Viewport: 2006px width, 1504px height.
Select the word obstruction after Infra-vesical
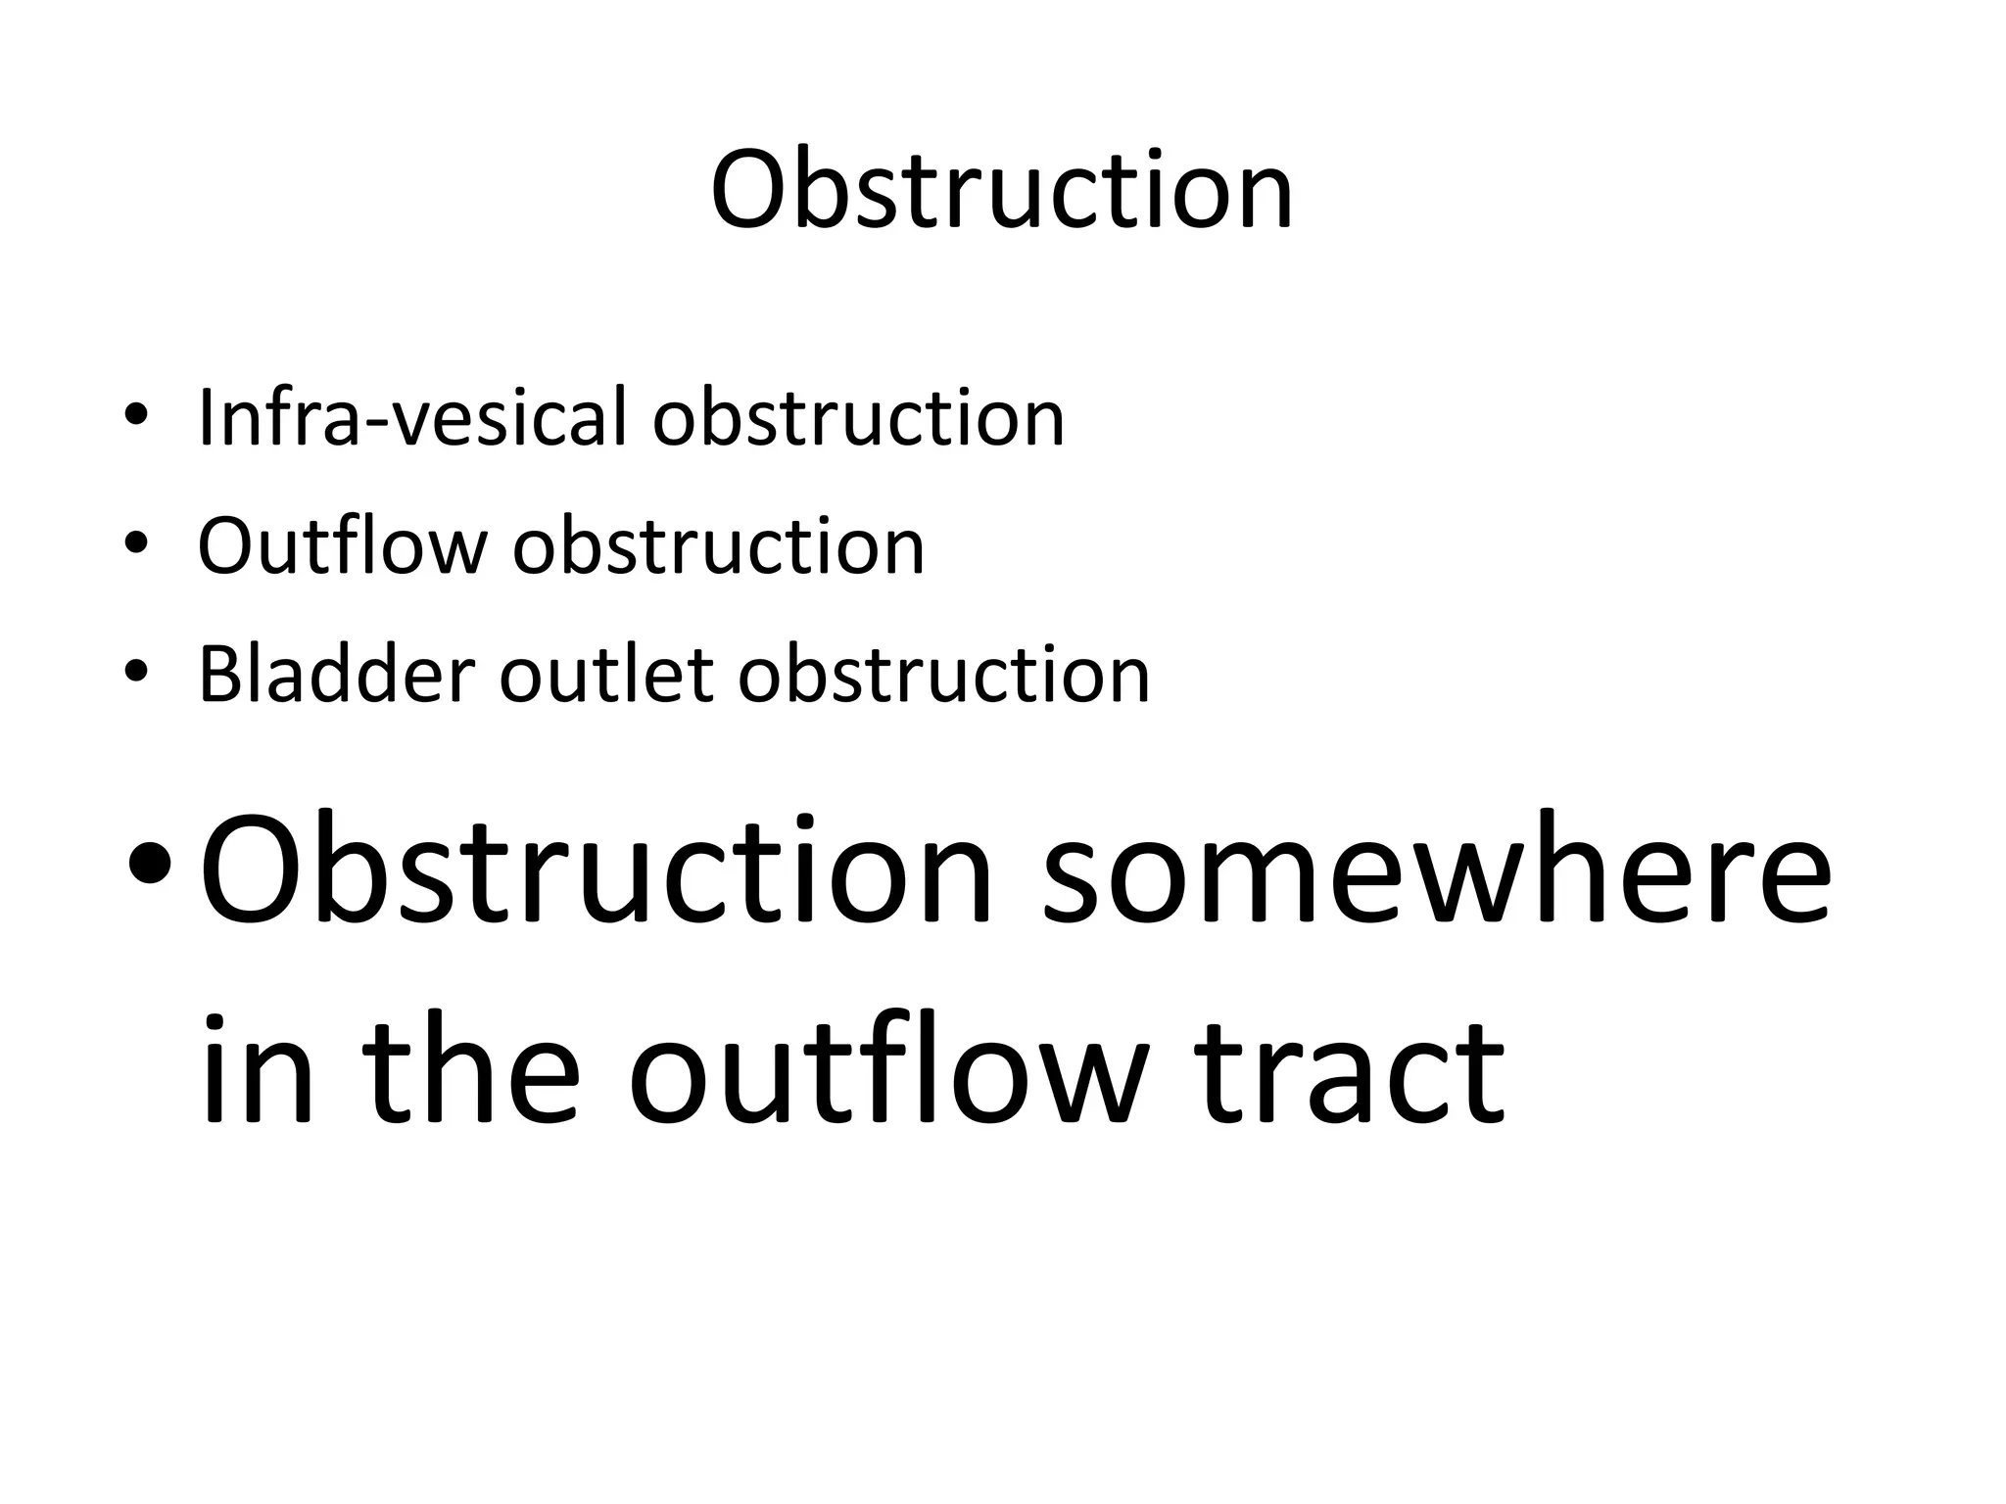858,418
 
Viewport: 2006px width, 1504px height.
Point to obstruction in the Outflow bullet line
718,545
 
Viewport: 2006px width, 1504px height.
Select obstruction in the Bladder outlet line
943,675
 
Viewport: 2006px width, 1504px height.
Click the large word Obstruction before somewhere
597,869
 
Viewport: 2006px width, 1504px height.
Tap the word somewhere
1435,869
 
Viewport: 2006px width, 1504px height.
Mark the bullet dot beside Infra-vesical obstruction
136,413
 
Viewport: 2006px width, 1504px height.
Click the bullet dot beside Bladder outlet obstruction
136,671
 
